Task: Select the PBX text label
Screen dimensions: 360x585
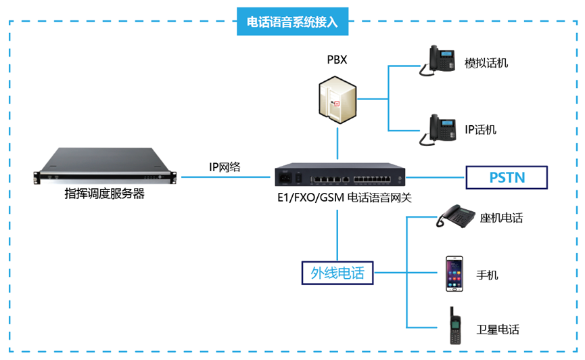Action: pyautogui.click(x=337, y=60)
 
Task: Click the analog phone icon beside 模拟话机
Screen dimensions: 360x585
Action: pyautogui.click(x=438, y=60)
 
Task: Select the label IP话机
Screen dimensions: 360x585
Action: pyautogui.click(x=480, y=129)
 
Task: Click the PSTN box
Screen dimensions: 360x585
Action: pyautogui.click(x=507, y=178)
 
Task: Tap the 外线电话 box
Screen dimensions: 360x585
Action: pyautogui.click(x=337, y=273)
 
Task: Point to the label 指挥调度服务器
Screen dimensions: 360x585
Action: pyautogui.click(x=105, y=194)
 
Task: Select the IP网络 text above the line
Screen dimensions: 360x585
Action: pyautogui.click(x=225, y=166)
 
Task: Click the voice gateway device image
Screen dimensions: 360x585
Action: pyautogui.click(x=339, y=177)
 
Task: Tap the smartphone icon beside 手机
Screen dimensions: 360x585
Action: pyautogui.click(x=454, y=273)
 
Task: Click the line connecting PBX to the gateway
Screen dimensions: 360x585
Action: pyautogui.click(x=337, y=146)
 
